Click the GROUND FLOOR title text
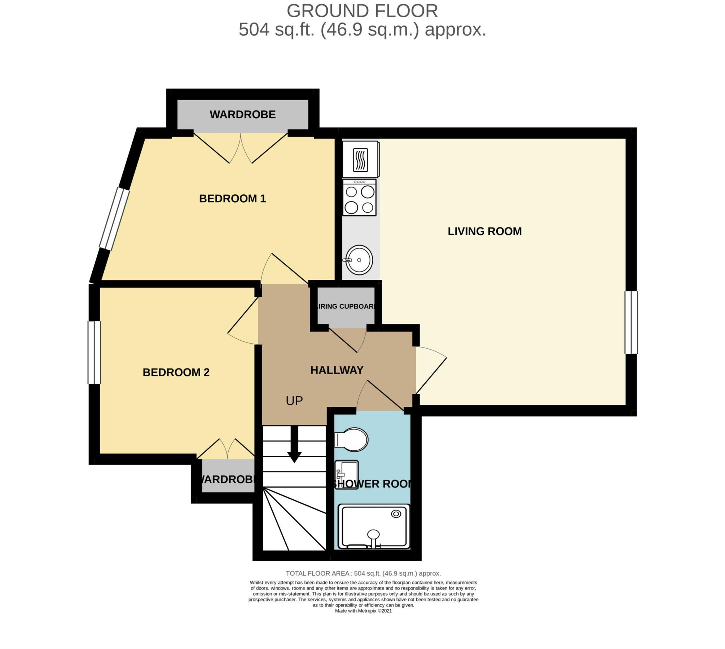coord(362,11)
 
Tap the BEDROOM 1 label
coord(233,199)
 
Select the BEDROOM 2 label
coord(176,372)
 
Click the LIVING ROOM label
coord(484,231)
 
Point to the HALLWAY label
coord(337,370)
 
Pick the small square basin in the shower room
coord(346,471)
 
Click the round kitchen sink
coord(359,260)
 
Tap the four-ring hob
coord(359,198)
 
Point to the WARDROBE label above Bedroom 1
coord(242,115)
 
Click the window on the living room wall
coord(631,323)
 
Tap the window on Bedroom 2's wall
coord(95,352)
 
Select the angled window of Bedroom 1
coord(114,219)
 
